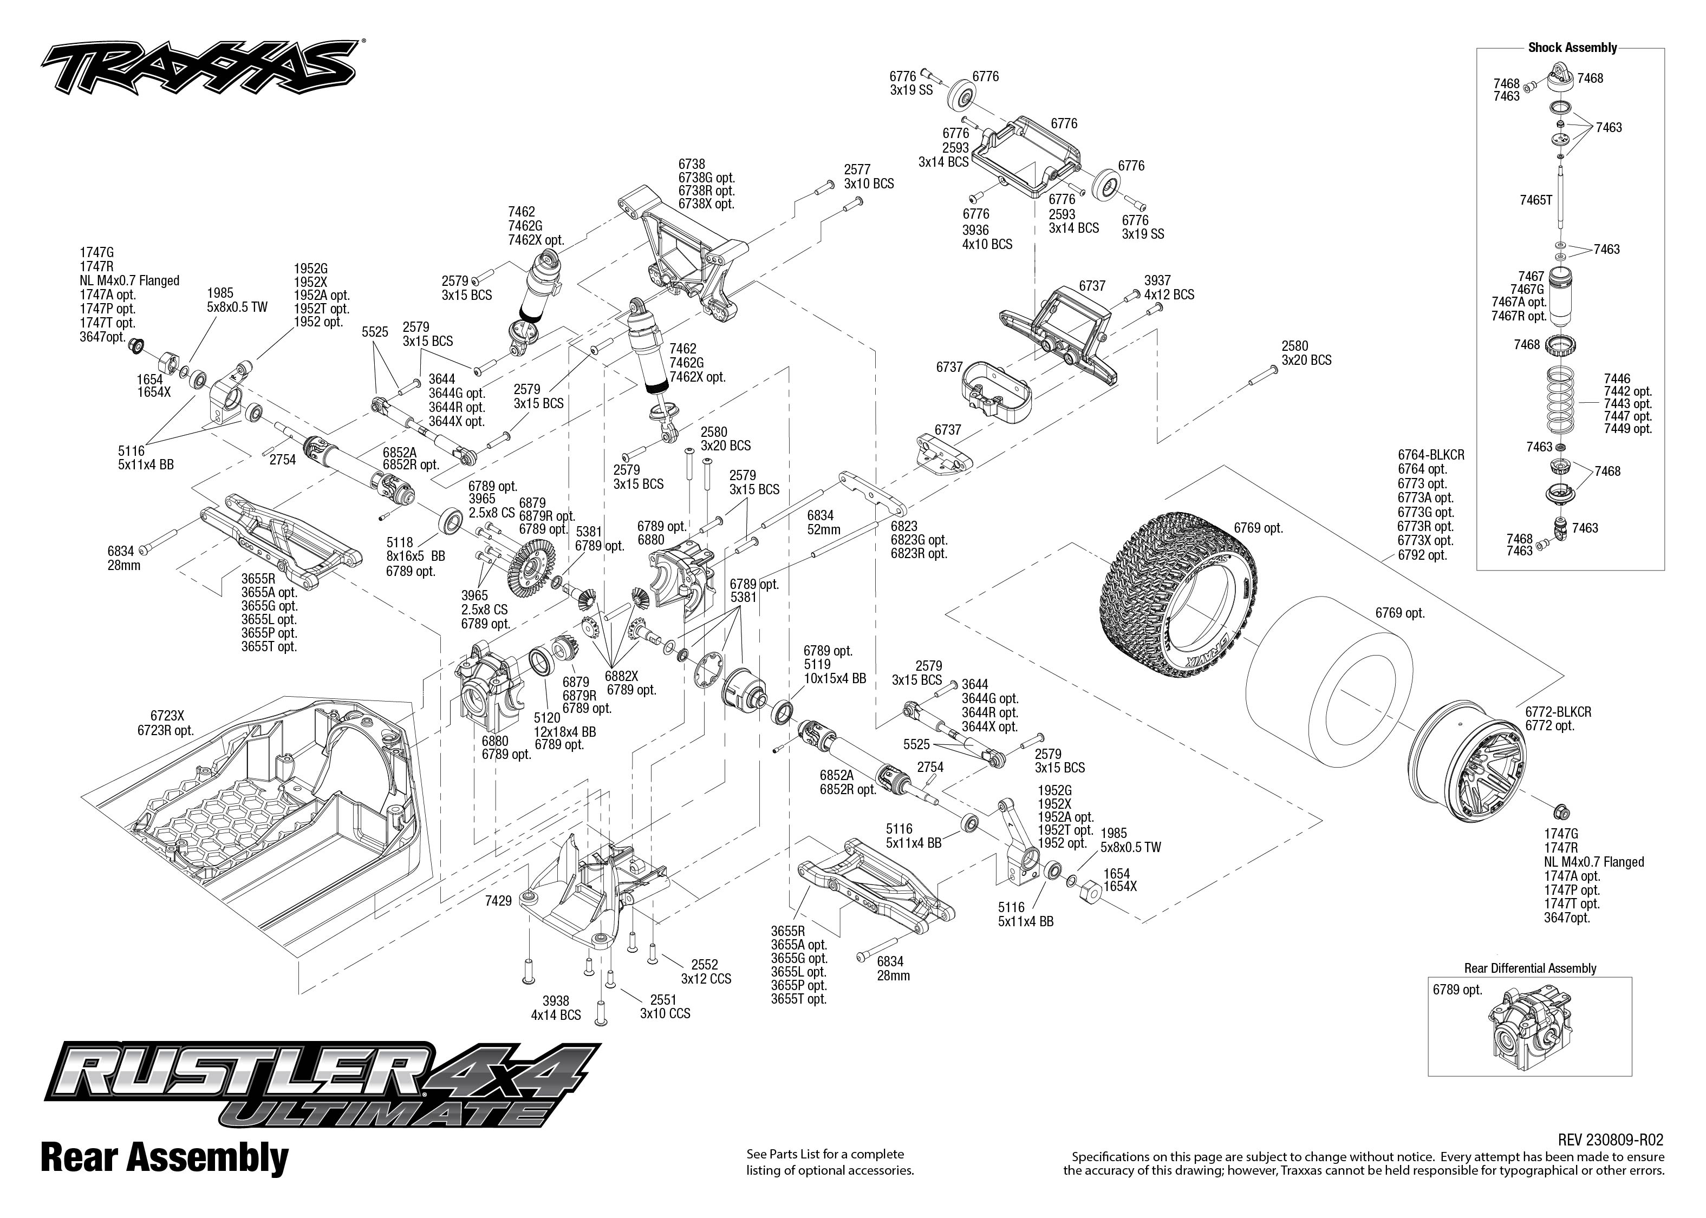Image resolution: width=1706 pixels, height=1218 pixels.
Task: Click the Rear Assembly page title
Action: pos(164,1157)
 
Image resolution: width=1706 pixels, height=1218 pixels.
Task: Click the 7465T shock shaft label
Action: pos(1536,200)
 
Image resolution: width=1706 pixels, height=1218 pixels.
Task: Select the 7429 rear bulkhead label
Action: pos(498,900)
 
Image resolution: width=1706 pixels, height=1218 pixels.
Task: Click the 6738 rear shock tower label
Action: pos(691,164)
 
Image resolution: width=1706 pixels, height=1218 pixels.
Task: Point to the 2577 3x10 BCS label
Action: pos(868,177)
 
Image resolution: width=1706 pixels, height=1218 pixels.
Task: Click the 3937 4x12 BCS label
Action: pos(1169,287)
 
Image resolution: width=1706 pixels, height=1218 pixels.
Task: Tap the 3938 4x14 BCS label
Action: pos(555,1007)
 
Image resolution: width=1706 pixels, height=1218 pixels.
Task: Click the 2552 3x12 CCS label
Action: pos(705,971)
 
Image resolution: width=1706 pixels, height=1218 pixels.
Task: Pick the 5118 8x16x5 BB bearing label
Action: pos(415,548)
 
